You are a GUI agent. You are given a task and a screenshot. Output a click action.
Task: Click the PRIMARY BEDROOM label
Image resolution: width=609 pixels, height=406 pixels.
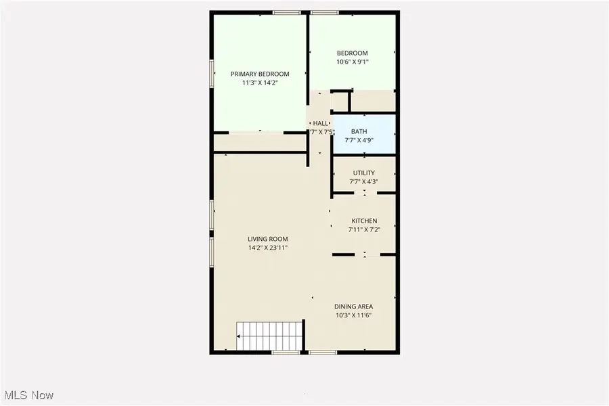(260, 74)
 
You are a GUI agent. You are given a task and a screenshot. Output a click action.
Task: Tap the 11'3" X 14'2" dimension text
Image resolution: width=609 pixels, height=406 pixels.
(260, 83)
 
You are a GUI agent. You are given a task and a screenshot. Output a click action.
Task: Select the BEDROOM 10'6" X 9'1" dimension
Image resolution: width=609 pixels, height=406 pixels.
(353, 62)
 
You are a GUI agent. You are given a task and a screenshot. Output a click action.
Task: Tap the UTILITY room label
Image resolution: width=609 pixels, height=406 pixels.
(363, 173)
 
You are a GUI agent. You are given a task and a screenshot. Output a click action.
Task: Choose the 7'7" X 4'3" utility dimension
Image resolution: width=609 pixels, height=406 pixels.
(363, 181)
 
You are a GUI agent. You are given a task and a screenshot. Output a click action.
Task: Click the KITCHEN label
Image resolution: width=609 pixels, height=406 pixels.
(364, 221)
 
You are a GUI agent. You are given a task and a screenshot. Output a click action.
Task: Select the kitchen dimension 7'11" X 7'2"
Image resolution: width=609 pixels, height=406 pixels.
(364, 230)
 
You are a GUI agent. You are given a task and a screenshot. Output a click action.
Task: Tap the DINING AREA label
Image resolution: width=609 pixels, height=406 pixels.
(354, 307)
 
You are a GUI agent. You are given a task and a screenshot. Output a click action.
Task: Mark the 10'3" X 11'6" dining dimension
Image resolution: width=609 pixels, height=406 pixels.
(354, 315)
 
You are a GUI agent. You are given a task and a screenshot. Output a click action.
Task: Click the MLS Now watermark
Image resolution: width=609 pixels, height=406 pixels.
(29, 394)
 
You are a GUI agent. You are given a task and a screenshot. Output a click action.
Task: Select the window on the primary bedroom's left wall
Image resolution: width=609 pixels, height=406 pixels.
(212, 73)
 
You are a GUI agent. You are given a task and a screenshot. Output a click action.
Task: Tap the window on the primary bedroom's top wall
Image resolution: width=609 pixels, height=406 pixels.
(288, 12)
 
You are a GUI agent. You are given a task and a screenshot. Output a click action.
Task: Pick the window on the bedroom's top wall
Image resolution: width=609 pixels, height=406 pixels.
(325, 12)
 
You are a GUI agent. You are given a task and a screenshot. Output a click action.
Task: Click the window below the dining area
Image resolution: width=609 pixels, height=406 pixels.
(323, 353)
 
